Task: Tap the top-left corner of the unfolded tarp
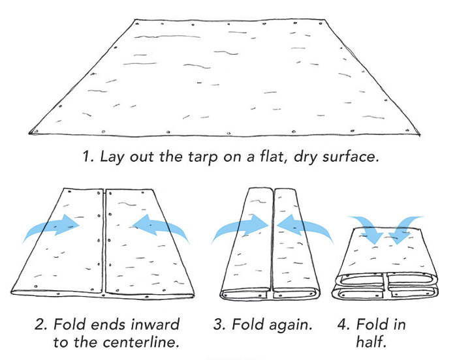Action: click(x=135, y=20)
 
